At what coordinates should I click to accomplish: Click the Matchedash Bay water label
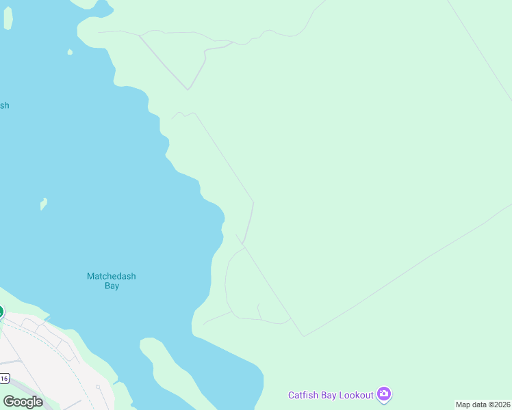click(112, 281)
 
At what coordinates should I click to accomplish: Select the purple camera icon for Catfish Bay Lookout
click(384, 394)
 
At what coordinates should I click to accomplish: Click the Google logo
click(23, 401)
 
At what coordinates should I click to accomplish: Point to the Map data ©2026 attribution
click(483, 405)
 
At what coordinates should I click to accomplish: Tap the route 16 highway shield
click(4, 378)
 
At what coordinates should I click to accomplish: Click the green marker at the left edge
click(1, 312)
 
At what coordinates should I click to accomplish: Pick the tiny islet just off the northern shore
click(70, 52)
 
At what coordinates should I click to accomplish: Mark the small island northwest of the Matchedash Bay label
click(44, 203)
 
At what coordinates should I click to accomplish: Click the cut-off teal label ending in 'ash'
click(4, 105)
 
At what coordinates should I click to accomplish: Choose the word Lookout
click(358, 395)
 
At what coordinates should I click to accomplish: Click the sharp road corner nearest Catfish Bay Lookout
click(304, 336)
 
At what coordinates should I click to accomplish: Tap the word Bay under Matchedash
click(112, 286)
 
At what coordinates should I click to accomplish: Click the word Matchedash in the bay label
click(112, 276)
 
